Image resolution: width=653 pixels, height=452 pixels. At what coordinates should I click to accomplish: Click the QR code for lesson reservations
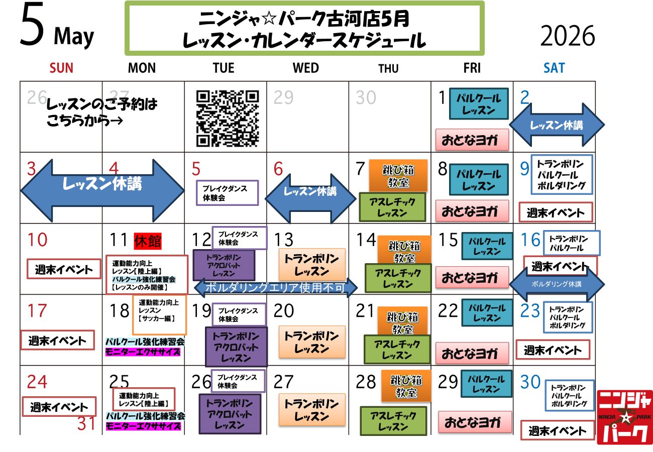[x=228, y=118]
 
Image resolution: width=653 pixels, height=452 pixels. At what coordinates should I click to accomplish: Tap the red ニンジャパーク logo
[x=624, y=417]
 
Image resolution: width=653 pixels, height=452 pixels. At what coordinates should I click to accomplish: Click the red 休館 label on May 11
[x=148, y=241]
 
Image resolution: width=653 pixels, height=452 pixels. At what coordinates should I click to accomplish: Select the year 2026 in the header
[x=568, y=36]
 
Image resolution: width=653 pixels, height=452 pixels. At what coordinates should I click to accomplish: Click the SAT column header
[x=554, y=68]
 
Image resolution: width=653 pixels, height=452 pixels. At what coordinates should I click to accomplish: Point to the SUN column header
[x=62, y=68]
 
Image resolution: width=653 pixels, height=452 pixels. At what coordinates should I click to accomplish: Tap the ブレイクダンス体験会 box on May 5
[x=227, y=193]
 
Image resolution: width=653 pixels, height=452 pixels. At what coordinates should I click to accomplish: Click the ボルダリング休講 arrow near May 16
[x=557, y=284]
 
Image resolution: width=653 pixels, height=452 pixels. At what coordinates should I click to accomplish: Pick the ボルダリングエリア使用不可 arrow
[x=275, y=288]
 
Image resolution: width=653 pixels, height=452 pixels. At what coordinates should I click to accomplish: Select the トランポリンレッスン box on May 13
[x=312, y=265]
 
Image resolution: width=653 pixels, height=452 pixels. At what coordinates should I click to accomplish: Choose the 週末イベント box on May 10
[x=60, y=269]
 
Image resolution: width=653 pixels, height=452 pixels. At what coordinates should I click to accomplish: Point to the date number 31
[x=86, y=424]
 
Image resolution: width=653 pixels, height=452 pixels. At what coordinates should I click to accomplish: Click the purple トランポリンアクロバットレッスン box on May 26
[x=230, y=414]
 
